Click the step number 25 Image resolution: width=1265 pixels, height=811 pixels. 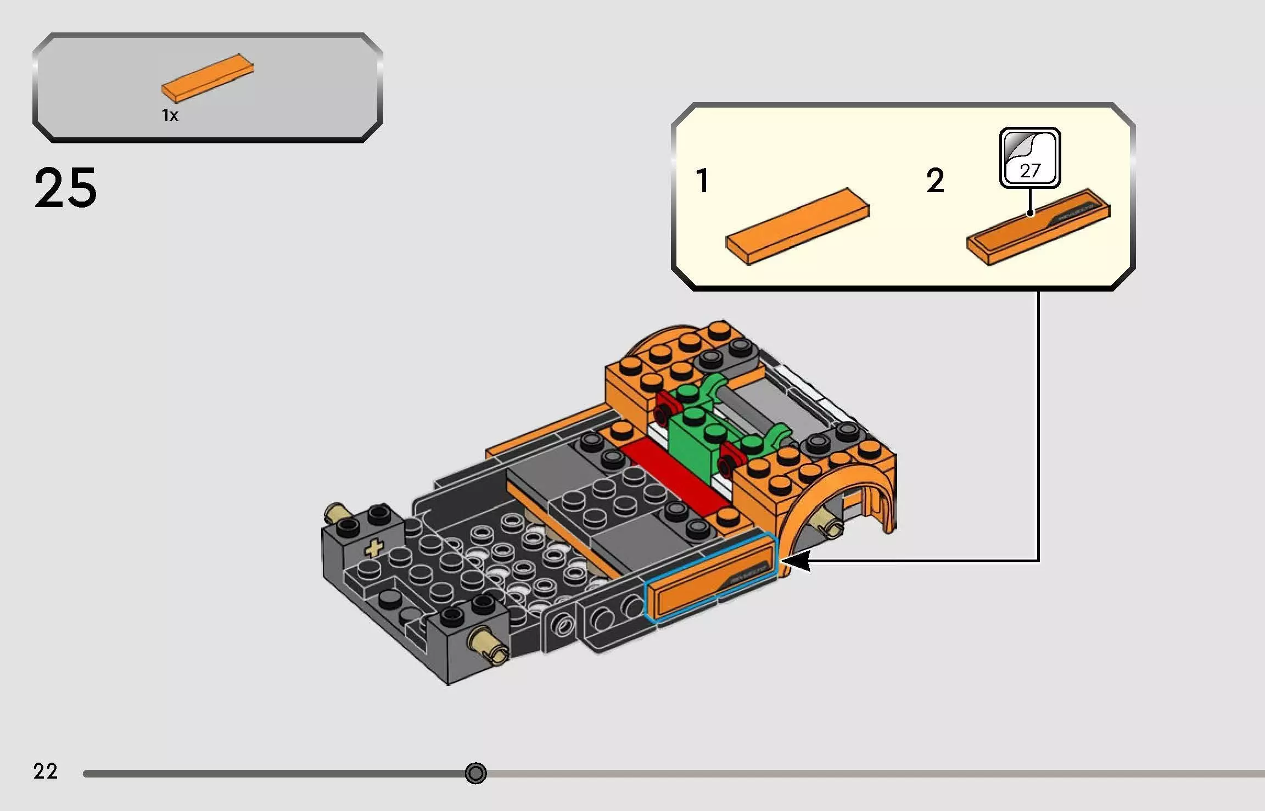click(65, 188)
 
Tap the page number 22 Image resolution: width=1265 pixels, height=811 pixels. click(45, 771)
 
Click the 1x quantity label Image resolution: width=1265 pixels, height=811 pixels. click(170, 115)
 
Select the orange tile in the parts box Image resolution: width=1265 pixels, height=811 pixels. click(208, 78)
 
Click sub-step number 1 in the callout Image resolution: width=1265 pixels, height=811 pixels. click(702, 181)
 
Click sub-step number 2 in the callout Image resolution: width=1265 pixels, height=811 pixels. click(935, 181)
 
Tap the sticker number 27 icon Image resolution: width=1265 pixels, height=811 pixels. click(1029, 158)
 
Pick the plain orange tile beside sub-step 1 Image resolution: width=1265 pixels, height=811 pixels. click(797, 226)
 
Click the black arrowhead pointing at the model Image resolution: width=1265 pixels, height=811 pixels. click(796, 561)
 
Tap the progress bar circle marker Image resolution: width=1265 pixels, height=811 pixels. click(475, 773)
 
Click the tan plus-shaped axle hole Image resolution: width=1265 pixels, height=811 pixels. click(374, 548)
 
